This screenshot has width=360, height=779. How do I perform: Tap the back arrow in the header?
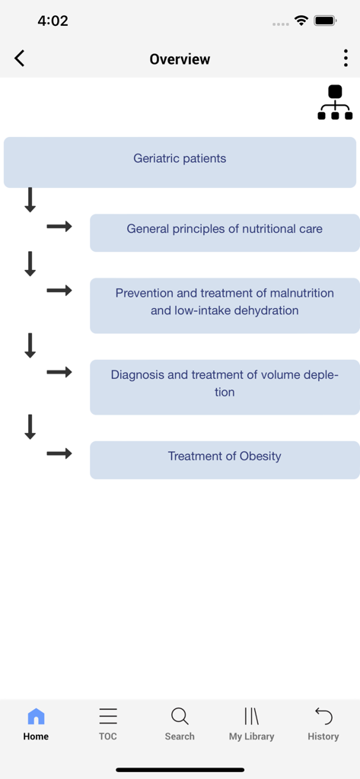(x=20, y=59)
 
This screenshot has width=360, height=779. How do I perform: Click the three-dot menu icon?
(x=346, y=59)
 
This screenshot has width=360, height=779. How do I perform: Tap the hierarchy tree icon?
(x=335, y=103)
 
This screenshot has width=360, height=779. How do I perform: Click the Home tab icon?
(x=36, y=717)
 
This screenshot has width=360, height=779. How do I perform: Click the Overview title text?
(x=180, y=59)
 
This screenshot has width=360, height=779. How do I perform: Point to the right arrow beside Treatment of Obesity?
(x=59, y=453)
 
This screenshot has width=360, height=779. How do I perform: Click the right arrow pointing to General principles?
(x=59, y=226)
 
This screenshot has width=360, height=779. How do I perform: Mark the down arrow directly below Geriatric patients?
(x=30, y=200)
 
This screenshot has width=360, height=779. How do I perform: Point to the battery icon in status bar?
(x=326, y=21)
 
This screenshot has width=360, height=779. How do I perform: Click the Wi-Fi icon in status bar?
(x=301, y=21)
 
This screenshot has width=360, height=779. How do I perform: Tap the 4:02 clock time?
(x=53, y=21)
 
